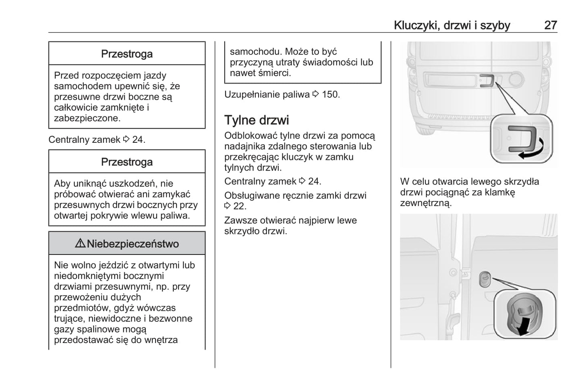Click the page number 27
tap(551, 25)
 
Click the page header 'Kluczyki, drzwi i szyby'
tap(452, 25)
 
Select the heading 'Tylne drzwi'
tap(257, 120)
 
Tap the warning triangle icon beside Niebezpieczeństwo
tap(80, 243)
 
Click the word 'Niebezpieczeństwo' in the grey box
tap(133, 244)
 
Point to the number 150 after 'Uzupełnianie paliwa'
tap(331, 94)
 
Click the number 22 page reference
tap(240, 206)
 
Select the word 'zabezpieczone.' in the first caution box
tap(87, 118)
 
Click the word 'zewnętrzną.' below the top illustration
tap(426, 203)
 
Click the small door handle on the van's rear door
tap(487, 81)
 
